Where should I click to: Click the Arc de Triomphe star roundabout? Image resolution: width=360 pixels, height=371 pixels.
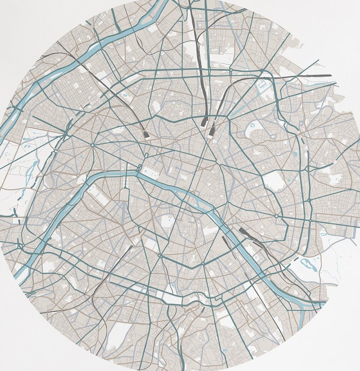coord(92,146)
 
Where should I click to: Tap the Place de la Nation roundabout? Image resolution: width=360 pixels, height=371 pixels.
coord(276,216)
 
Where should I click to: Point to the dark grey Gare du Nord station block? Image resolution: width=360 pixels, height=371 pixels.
coord(204,121)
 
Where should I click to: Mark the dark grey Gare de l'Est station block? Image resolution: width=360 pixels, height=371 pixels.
coord(211,132)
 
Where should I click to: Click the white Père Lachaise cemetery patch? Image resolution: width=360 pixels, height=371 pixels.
coord(275,181)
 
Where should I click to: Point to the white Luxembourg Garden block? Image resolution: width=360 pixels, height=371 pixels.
coord(167,223)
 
